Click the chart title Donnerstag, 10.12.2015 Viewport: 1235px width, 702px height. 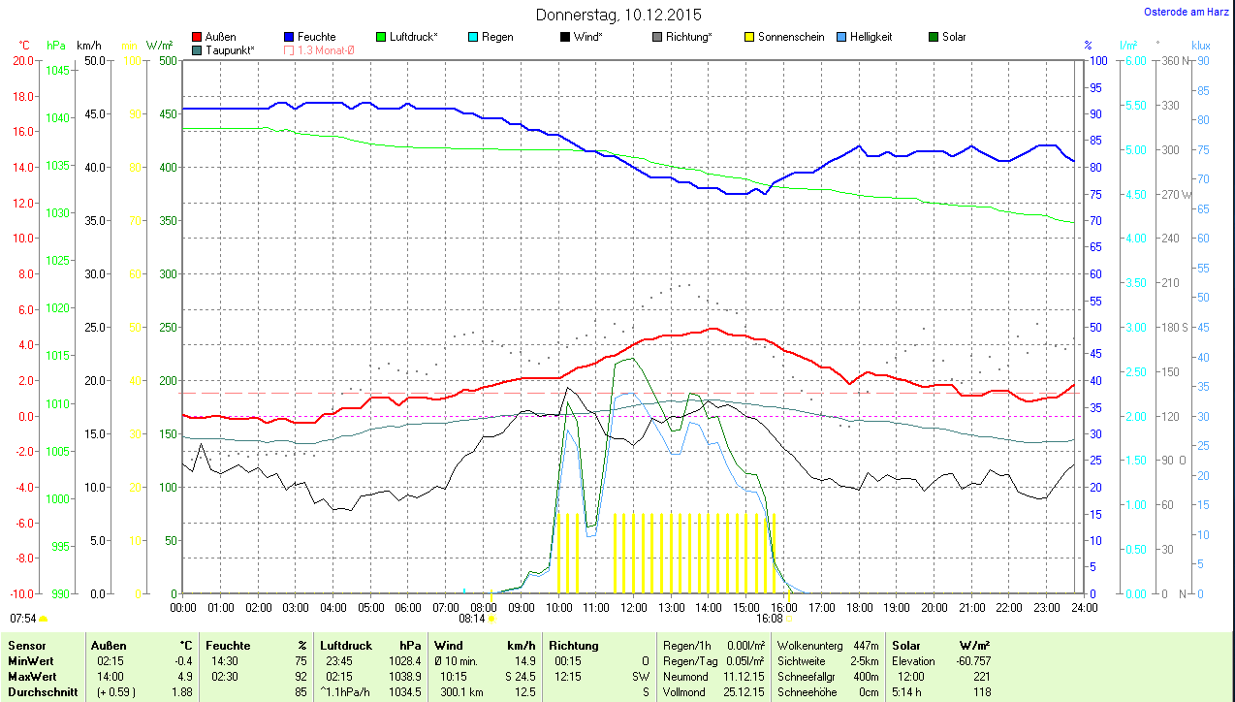click(618, 15)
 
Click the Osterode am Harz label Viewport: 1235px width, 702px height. click(1187, 12)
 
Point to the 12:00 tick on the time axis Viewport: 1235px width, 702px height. click(634, 608)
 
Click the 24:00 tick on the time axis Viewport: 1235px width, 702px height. click(1084, 608)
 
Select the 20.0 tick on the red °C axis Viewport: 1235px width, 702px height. click(21, 60)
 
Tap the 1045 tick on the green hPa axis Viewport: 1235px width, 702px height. click(57, 70)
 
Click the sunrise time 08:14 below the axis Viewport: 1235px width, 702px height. click(471, 618)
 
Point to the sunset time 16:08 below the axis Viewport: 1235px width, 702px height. click(769, 618)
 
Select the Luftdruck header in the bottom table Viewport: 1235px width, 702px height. click(346, 645)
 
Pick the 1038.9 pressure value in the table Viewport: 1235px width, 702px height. click(404, 676)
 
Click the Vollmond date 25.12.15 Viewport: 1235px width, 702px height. click(743, 691)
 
